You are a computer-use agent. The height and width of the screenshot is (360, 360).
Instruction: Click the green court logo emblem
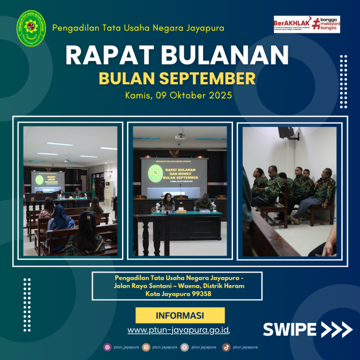coord(31,28)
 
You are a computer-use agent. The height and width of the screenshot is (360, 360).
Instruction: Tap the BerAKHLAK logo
coord(307,24)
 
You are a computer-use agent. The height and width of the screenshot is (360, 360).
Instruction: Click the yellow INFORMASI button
coord(180,315)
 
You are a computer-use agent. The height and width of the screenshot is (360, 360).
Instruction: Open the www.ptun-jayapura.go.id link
coord(178,330)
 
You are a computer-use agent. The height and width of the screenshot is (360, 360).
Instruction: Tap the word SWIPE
coord(289,330)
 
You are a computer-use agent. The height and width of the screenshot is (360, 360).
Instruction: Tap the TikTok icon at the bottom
coord(226,347)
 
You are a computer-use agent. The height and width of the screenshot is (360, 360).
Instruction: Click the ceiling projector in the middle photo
coord(180,136)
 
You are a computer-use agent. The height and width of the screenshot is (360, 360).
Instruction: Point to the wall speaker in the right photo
coord(285,132)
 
